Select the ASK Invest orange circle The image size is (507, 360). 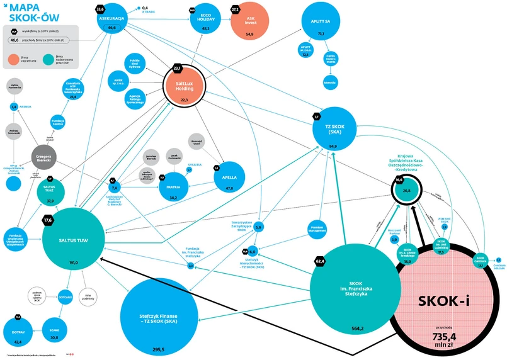pos(249,22)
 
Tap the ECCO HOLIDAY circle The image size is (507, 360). pos(205,22)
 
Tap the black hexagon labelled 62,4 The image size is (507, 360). pos(320,261)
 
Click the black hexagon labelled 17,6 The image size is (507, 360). pos(48,220)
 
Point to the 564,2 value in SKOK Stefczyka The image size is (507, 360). pos(357,329)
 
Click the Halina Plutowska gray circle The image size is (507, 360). pos(14,87)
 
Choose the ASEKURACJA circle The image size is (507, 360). pos(113,23)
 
